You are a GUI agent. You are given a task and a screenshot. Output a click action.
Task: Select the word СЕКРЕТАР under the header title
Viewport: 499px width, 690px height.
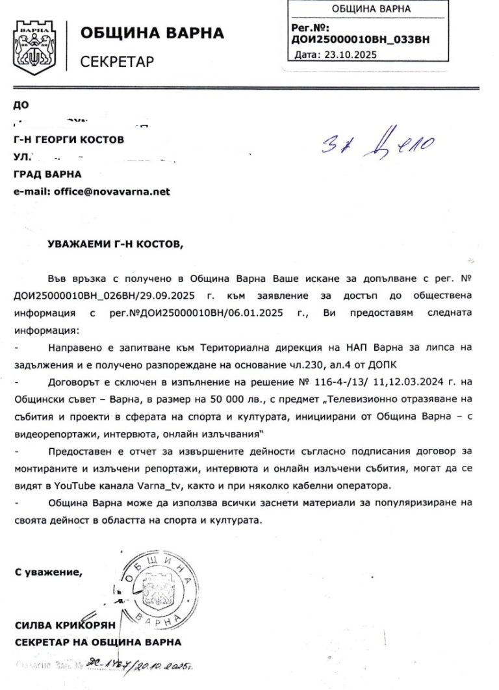pos(117,62)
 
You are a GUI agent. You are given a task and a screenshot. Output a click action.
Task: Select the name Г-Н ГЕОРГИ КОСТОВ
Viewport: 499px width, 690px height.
pos(68,139)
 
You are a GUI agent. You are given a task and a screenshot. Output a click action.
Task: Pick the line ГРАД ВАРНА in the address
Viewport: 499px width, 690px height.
pos(47,174)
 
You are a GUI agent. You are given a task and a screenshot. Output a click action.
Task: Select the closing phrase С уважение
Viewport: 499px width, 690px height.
pos(49,572)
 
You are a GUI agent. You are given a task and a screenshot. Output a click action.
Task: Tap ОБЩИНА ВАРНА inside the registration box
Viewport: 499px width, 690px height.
pos(362,10)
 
